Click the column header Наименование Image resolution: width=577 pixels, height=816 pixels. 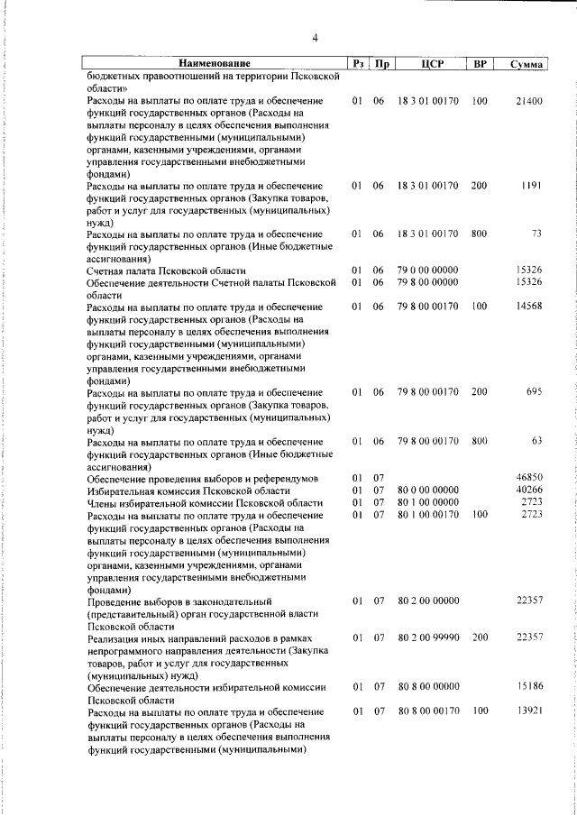[214, 64]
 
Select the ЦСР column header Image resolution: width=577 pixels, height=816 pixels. [428, 64]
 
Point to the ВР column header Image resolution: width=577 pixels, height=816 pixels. [480, 64]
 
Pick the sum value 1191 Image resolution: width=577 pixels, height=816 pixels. [531, 186]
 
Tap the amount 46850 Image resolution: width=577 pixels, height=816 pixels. [527, 478]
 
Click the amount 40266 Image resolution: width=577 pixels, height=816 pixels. [527, 491]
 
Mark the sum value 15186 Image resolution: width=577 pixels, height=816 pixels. [527, 687]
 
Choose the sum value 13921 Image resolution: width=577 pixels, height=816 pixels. [527, 712]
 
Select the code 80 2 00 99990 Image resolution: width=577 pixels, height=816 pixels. [427, 638]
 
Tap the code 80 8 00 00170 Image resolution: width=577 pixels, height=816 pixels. [427, 712]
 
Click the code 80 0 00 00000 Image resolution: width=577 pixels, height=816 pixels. [427, 491]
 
